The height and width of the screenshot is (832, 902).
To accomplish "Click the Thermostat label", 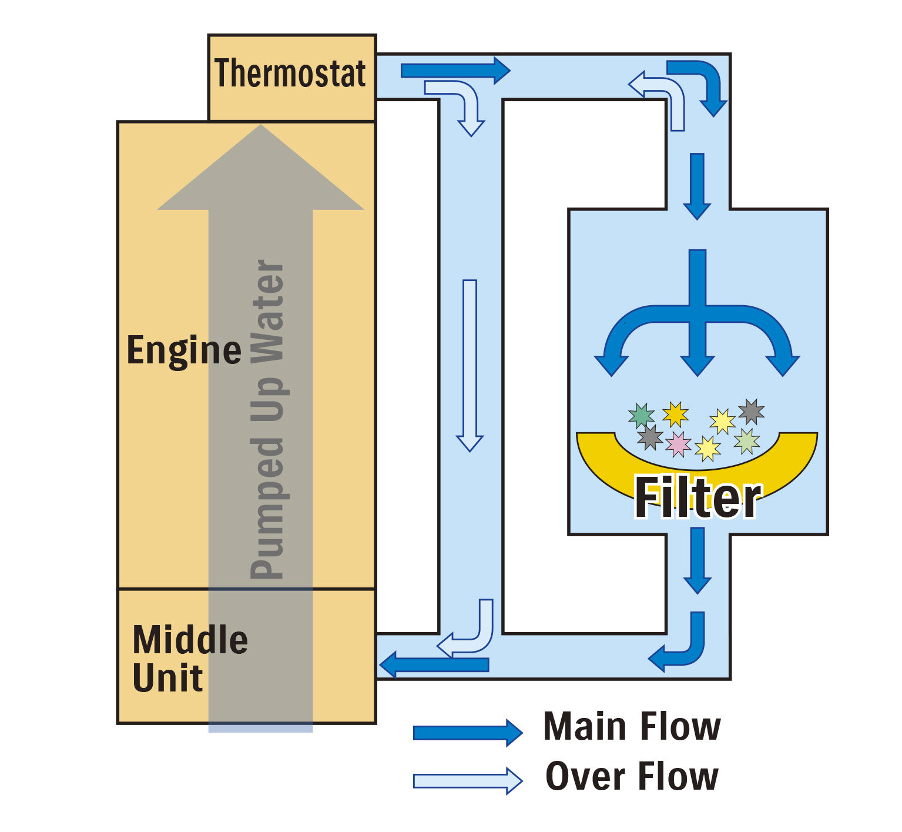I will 290,73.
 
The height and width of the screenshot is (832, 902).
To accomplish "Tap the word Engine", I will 184,350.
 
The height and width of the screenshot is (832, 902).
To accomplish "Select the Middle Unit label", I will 189,659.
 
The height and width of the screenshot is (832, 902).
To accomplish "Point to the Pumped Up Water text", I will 267,419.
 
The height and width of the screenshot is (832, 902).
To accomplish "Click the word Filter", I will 698,498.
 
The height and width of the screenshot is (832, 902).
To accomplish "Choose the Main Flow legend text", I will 632,727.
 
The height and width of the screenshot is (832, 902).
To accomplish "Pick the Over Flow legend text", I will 632,777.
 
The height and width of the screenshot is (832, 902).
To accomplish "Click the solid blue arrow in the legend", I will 467,733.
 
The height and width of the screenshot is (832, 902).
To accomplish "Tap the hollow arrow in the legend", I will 467,781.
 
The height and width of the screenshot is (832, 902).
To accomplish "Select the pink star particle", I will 679,444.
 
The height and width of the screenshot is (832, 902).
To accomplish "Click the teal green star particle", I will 641,415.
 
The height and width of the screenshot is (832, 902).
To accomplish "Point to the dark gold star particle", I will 675,414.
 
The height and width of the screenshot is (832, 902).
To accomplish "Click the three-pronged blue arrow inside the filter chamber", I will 697,318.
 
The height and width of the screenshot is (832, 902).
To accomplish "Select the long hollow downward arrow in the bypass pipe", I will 470,365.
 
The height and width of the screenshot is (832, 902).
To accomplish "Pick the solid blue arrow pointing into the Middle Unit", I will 435,665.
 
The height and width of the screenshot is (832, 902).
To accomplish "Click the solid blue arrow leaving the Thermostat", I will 455,71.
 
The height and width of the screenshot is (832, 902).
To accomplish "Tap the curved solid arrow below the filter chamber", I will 682,647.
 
